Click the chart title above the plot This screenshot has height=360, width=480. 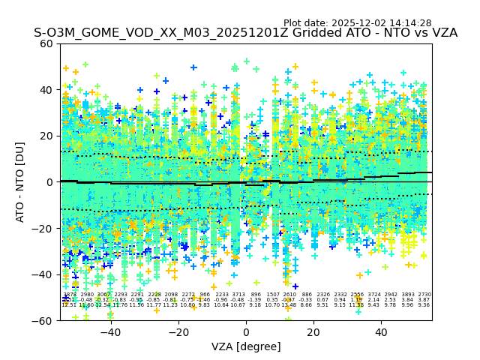coord(245,34)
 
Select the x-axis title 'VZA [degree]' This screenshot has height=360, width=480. coord(246,346)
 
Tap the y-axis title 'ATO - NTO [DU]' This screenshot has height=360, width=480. coord(20,182)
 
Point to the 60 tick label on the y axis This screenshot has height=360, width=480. coord(46,43)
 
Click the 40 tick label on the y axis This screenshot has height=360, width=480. coord(46,90)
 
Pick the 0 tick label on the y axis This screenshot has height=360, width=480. coord(49,182)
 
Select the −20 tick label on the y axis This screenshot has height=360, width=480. coord(43,228)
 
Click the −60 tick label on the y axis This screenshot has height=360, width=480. coord(43,320)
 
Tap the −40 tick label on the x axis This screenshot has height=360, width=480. coord(110,332)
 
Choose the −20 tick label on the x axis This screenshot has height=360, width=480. coord(178,332)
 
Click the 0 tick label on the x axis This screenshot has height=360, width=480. coord(246,332)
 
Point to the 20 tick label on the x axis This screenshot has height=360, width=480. coord(313,332)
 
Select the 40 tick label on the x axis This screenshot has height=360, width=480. coord(381,332)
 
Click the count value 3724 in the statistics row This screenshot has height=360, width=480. coord(373,295)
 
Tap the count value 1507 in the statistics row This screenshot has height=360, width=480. coord(272,295)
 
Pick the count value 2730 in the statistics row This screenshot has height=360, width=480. coord(424,295)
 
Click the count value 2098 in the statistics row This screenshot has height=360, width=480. coord(171,295)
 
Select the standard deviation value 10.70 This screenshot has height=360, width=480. coord(272,305)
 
